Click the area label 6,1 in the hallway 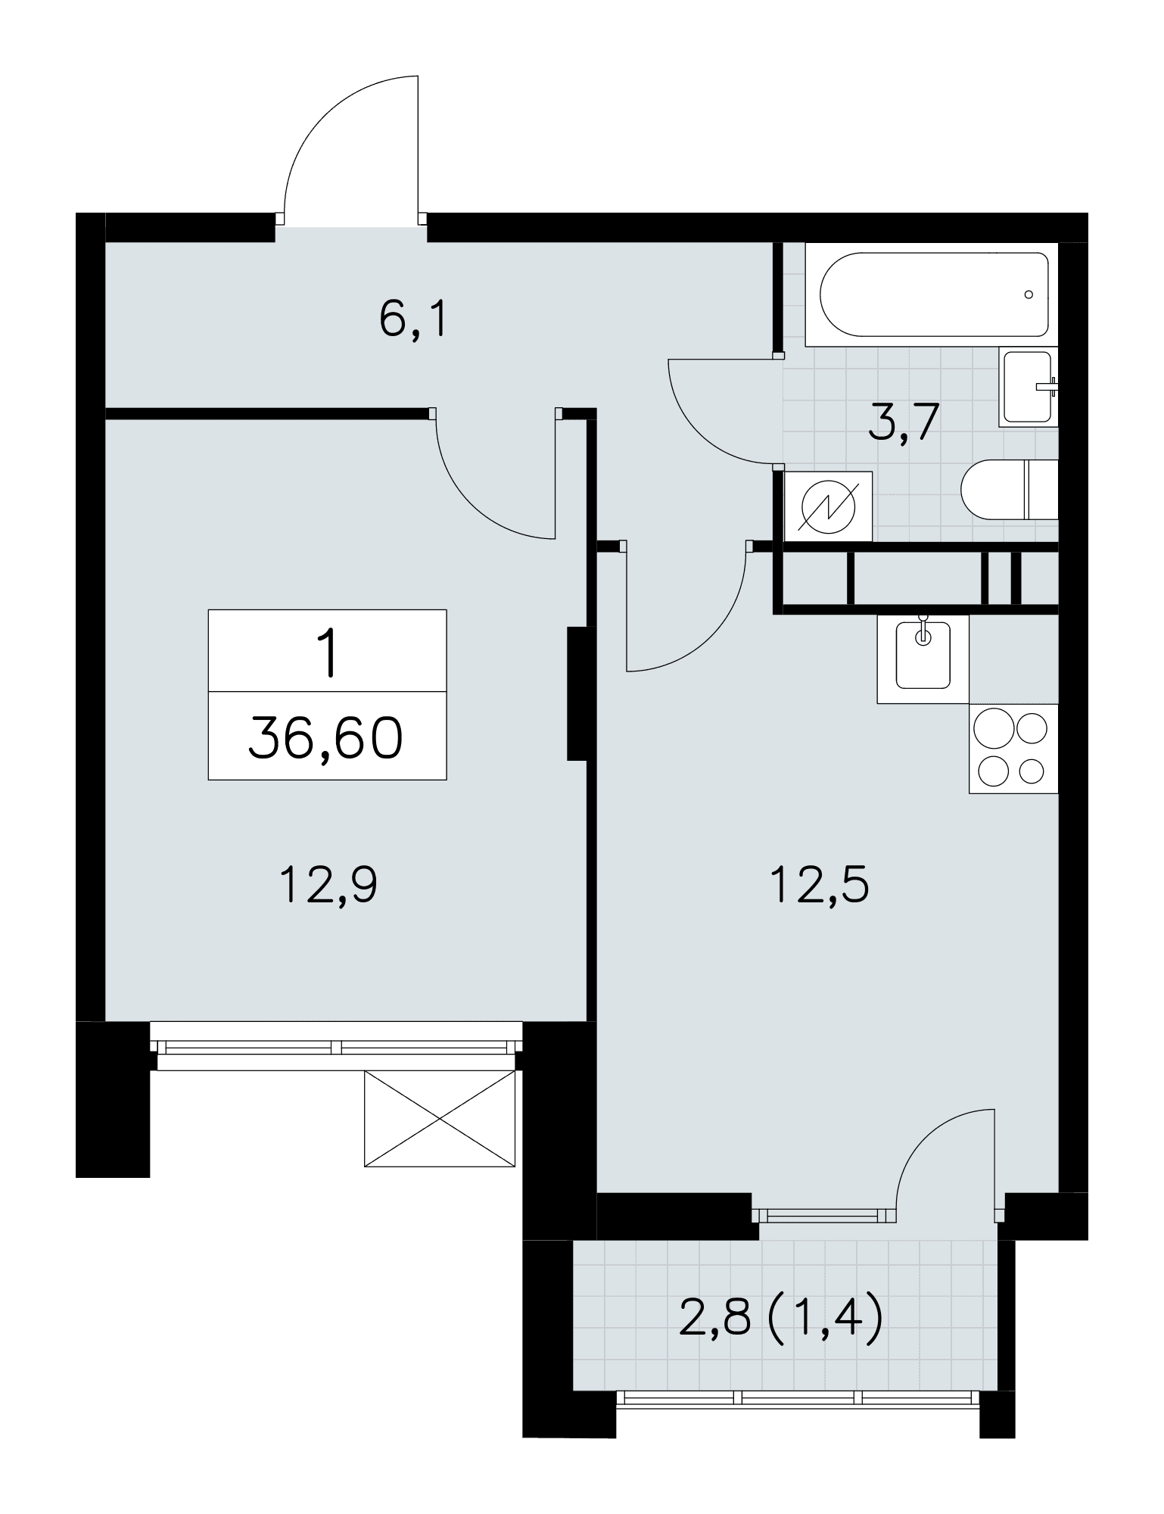tap(414, 321)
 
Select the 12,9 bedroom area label tap(328, 885)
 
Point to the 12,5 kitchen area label tap(820, 885)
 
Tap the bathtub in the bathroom tap(931, 294)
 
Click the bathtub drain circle tap(1029, 294)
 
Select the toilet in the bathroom tap(1009, 489)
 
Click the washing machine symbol tap(829, 506)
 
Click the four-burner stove tap(1013, 749)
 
